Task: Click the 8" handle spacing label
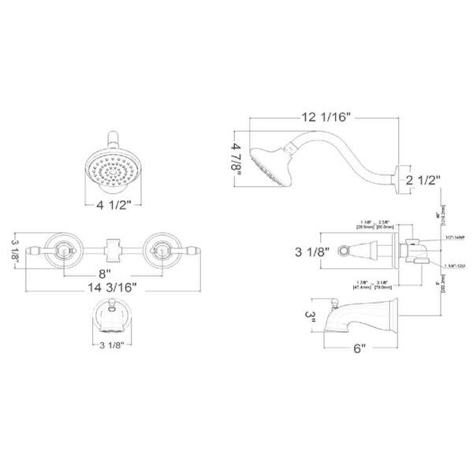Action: [x=108, y=276]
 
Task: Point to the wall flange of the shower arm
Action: [x=402, y=177]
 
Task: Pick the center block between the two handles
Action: [x=112, y=249]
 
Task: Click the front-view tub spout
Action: [x=112, y=320]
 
